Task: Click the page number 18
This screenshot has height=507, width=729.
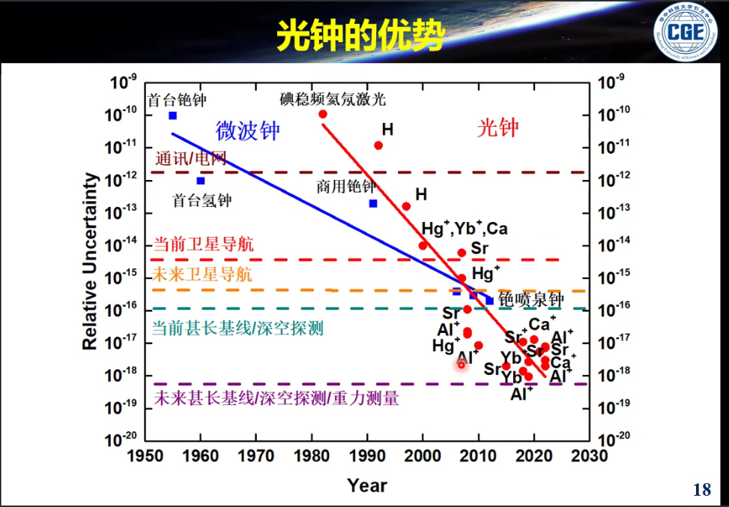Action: (701, 490)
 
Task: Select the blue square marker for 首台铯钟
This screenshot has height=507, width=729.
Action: (172, 115)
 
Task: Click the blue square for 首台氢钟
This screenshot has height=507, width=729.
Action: (201, 181)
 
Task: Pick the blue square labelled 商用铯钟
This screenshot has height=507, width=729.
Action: (373, 203)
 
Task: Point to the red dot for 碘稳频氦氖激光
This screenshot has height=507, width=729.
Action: (323, 114)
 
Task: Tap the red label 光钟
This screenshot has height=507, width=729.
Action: (497, 128)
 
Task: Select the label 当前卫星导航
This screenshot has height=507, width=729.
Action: (203, 244)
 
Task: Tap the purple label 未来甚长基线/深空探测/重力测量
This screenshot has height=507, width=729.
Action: (276, 398)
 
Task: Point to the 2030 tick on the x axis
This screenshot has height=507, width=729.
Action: (590, 455)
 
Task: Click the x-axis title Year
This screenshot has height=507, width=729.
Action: (367, 485)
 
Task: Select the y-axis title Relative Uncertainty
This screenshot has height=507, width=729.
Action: (91, 262)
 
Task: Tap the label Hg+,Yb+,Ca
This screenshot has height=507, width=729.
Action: (465, 228)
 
